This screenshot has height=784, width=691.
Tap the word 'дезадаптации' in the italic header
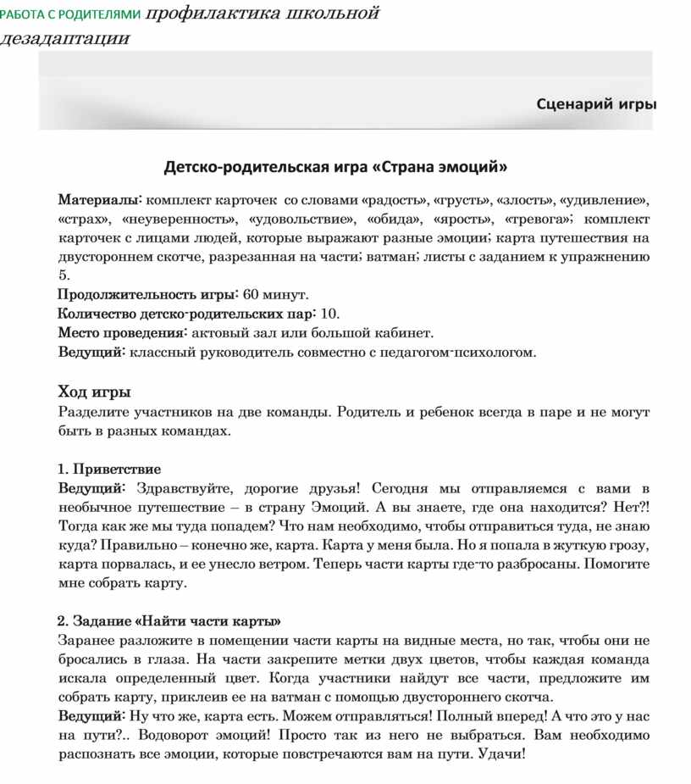(x=65, y=39)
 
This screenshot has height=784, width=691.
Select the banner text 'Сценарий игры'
(x=596, y=103)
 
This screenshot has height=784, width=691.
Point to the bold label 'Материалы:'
(x=100, y=200)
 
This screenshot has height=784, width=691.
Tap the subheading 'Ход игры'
(x=94, y=392)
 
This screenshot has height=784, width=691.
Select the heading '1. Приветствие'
(x=109, y=469)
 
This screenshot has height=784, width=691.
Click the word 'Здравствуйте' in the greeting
(x=181, y=488)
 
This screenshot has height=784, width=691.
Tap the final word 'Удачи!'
(x=502, y=753)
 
